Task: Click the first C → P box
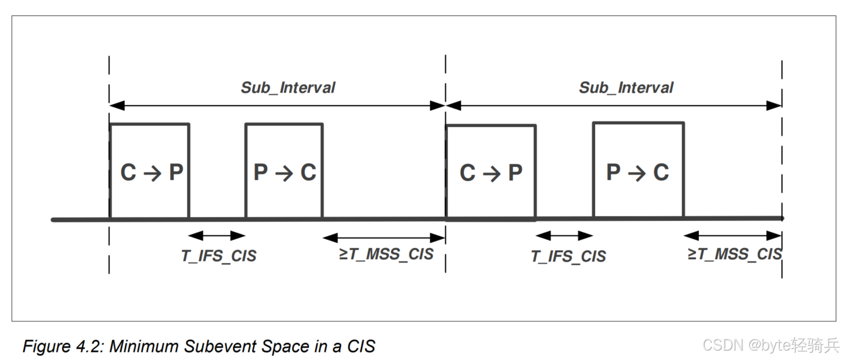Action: coord(150,171)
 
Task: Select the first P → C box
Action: coord(284,171)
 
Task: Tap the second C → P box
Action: coord(491,172)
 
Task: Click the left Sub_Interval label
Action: coord(288,88)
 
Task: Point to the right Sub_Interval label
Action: coord(626,88)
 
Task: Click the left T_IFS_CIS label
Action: coord(219,256)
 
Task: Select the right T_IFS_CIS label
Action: coord(568,256)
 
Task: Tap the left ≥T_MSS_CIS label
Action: coord(386,254)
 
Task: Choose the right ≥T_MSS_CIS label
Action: coord(735,254)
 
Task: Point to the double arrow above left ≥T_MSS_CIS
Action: coord(384,238)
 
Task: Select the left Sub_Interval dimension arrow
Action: coord(277,106)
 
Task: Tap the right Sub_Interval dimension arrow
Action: coord(614,106)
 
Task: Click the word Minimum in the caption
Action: coord(145,347)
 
